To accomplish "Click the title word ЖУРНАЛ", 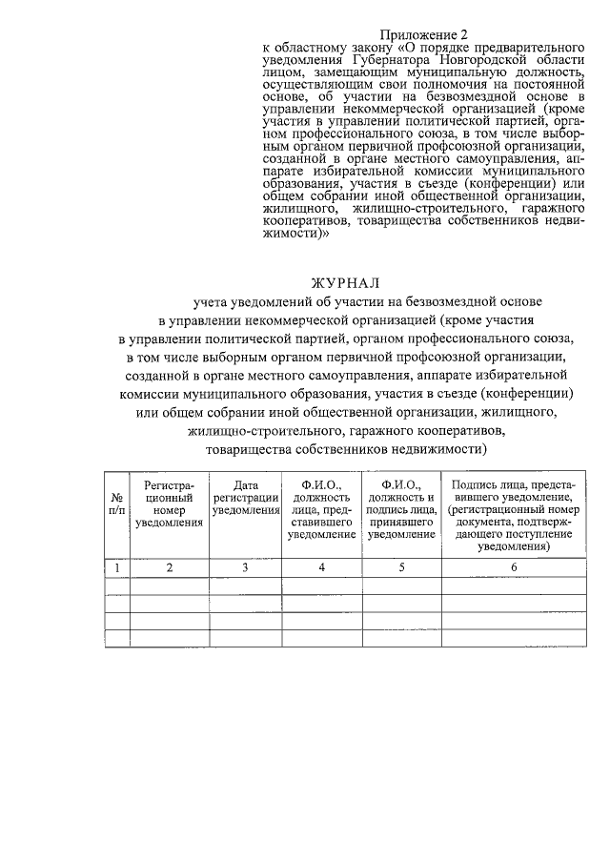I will coord(345,282).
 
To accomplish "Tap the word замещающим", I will coord(351,72).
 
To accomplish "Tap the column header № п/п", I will coord(116,504).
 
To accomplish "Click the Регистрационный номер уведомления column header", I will coord(170,504).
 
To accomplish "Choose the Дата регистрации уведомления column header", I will coord(245,498).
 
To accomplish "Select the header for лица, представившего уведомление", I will coord(321,510).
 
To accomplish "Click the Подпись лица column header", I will coord(513,516).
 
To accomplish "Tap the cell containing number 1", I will coord(116,568).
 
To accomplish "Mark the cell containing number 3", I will coord(245,568).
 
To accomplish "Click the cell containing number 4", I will coord(321,568).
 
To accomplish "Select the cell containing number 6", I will coord(513,568).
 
